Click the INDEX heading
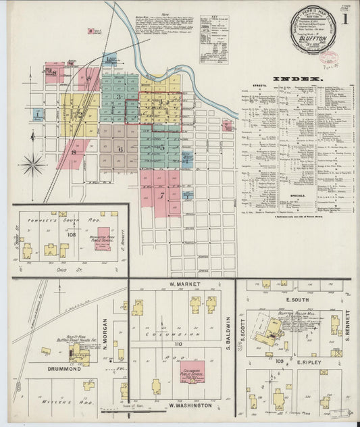pos(298,79)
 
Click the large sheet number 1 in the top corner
pos(346,21)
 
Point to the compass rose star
pos(32,164)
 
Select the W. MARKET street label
pos(185,284)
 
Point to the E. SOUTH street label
pos(297,299)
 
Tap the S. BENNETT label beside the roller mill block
pos(347,324)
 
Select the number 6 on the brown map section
pos(121,149)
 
